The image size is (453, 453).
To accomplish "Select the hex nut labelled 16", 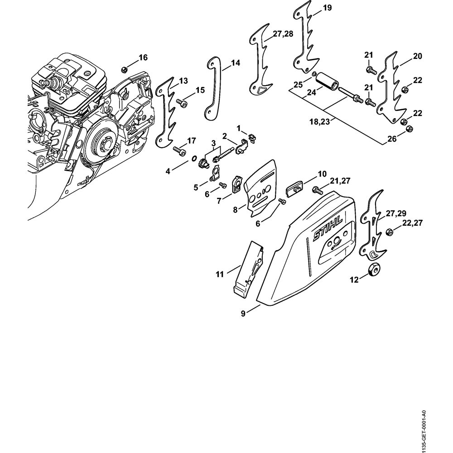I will tap(124, 69).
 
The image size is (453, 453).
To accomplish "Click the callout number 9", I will tap(243, 313).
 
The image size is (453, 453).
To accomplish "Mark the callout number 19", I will tap(327, 8).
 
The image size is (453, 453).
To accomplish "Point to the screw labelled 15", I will tap(183, 103).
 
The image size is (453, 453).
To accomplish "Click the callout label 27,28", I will tap(283, 34).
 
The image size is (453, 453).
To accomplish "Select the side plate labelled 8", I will tap(262, 189).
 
